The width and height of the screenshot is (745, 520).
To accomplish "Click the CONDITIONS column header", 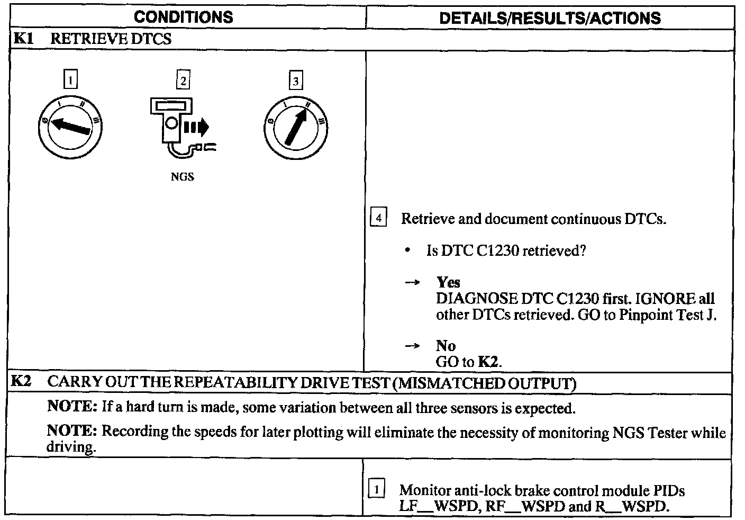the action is pyautogui.click(x=183, y=17).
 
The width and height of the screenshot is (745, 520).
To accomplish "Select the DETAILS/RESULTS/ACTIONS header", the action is pyautogui.click(x=550, y=18).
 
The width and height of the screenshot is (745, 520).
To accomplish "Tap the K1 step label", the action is pyautogui.click(x=23, y=39).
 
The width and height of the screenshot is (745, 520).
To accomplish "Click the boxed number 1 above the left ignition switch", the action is pyautogui.click(x=70, y=80).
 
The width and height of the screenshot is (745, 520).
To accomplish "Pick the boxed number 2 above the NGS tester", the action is pyautogui.click(x=183, y=80).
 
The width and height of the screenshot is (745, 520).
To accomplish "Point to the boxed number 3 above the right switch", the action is pyautogui.click(x=295, y=80).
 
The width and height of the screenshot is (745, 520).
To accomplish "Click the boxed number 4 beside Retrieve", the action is pyautogui.click(x=378, y=218).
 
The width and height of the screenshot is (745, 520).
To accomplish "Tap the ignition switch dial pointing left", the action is pyautogui.click(x=70, y=127).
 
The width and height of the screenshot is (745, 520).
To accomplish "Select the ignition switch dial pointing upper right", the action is pyautogui.click(x=295, y=127).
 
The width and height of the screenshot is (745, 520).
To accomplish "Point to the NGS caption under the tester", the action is pyautogui.click(x=182, y=177).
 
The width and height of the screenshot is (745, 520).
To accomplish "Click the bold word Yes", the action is pyautogui.click(x=448, y=282).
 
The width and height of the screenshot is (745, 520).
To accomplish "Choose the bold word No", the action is pyautogui.click(x=446, y=346).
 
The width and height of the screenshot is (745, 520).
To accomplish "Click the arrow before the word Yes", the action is pyautogui.click(x=412, y=283).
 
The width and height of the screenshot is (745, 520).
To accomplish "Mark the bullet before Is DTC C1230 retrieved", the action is pyautogui.click(x=407, y=251).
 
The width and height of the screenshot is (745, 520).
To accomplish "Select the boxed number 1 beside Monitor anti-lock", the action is pyautogui.click(x=376, y=489).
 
